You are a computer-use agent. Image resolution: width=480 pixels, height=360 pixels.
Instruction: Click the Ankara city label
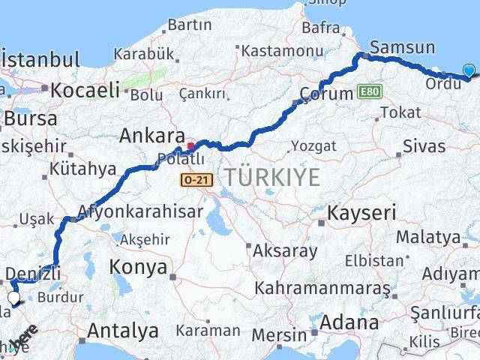(152, 136)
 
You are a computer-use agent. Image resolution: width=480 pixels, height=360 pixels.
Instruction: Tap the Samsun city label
(402, 48)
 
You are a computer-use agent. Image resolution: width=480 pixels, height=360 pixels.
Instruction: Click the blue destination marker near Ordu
(469, 70)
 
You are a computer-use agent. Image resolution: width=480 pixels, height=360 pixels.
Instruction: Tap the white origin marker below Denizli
(14, 298)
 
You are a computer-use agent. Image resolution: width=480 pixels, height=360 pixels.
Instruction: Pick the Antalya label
(123, 330)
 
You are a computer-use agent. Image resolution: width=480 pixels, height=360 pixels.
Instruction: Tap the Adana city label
(349, 323)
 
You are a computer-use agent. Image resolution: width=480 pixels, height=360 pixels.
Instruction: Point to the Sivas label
(424, 145)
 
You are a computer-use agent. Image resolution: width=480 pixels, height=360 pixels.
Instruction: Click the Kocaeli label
(85, 91)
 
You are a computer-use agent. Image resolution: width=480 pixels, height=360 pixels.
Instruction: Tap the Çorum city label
(325, 94)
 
